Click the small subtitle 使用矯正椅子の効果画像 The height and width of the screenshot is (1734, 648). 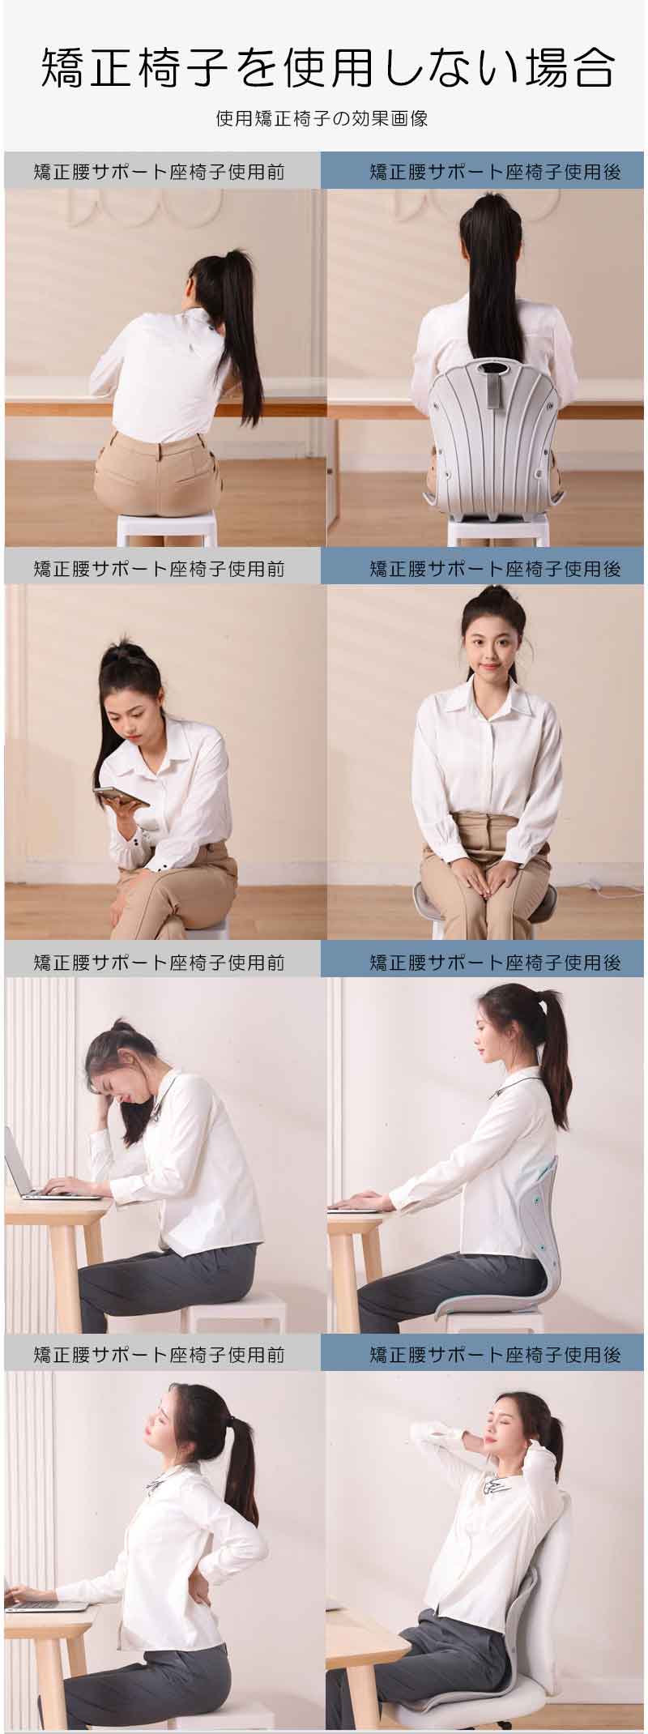click(x=322, y=119)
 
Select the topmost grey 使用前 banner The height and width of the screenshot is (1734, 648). click(x=163, y=171)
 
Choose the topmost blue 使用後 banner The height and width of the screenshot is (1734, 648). click(x=484, y=171)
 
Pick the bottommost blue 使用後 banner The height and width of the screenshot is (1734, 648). click(x=484, y=1354)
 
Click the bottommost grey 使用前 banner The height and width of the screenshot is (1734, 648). click(x=163, y=1354)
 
